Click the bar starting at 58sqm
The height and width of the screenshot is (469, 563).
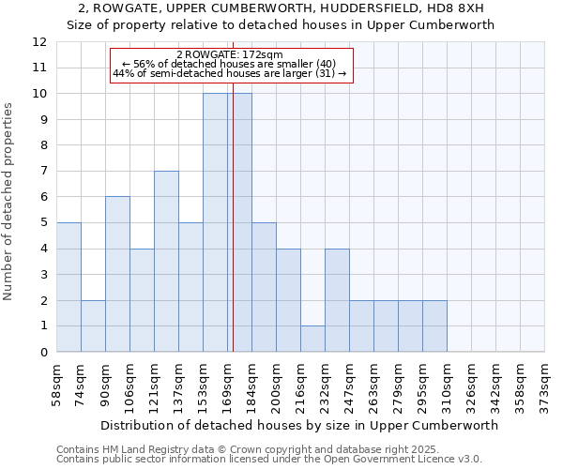[68, 287]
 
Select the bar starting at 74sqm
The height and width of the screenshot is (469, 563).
[93, 325]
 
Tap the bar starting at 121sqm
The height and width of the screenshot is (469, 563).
[166, 261]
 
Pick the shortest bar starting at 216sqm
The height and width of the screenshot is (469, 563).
[312, 339]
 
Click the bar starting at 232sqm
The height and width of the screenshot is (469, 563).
[337, 300]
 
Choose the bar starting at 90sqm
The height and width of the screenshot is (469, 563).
[117, 274]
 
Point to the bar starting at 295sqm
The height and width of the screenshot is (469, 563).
[434, 325]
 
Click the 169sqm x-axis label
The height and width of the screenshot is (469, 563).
[228, 384]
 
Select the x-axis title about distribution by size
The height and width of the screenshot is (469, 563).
[298, 425]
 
